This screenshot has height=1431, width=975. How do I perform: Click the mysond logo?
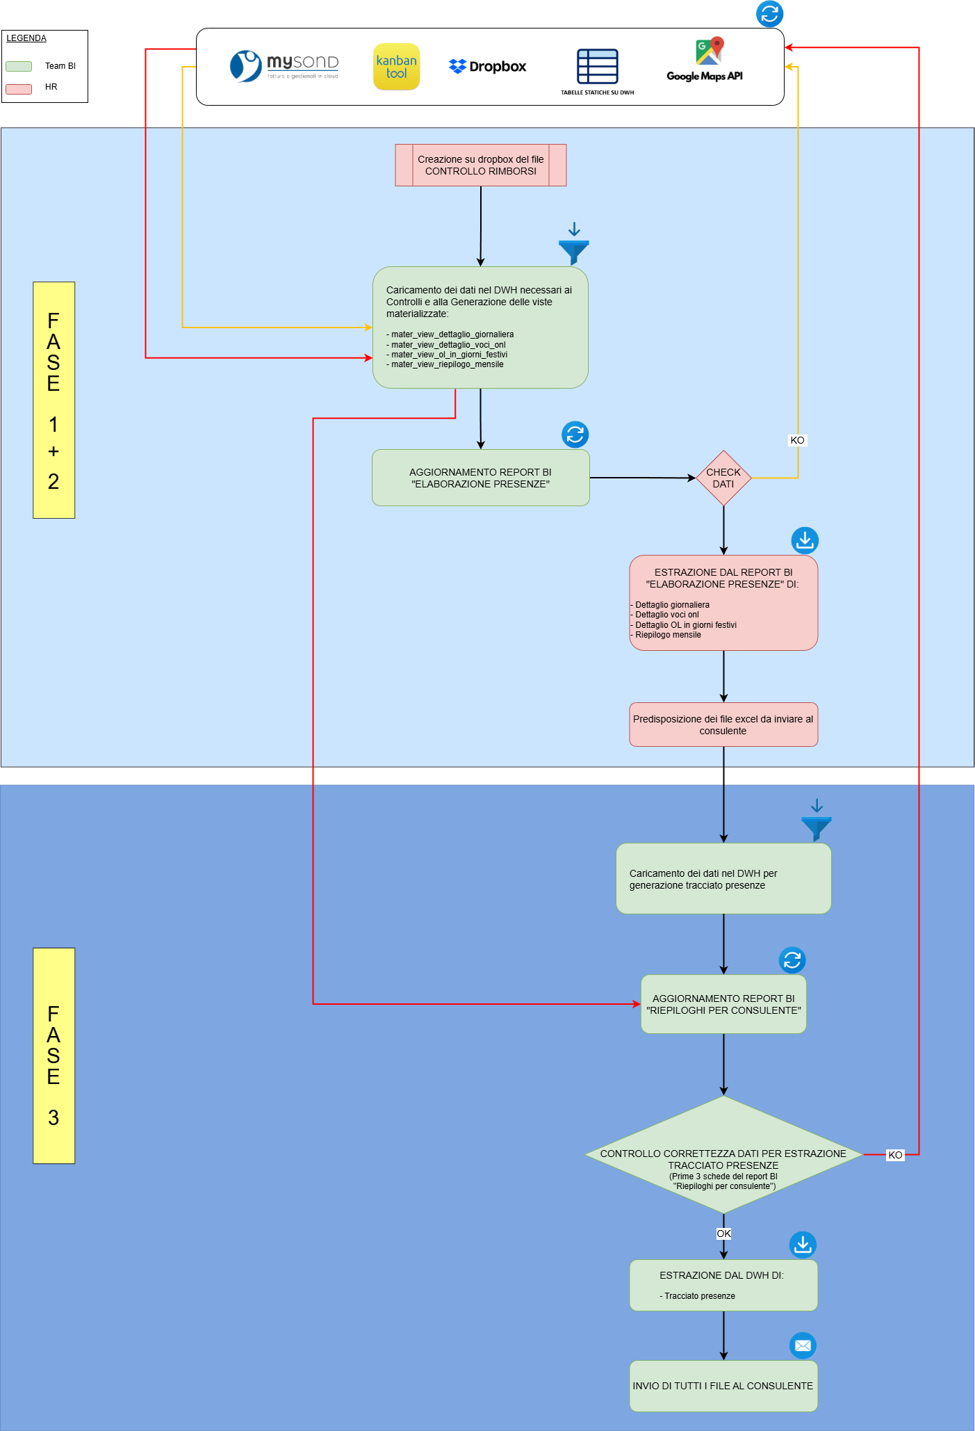pyautogui.click(x=284, y=66)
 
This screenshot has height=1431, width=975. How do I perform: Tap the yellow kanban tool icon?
pyautogui.click(x=396, y=67)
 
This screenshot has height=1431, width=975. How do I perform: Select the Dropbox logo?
pyautogui.click(x=487, y=67)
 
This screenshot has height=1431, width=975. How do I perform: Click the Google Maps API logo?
pyautogui.click(x=705, y=60)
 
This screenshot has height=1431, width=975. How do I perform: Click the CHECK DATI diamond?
pyautogui.click(x=723, y=478)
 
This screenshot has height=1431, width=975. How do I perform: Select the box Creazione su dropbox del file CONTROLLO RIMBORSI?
pyautogui.click(x=480, y=165)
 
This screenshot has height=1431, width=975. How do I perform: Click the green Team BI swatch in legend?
pyautogui.click(x=19, y=66)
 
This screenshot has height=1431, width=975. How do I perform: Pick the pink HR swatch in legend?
pyautogui.click(x=19, y=88)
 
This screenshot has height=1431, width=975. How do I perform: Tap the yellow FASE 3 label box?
pyautogui.click(x=54, y=1055)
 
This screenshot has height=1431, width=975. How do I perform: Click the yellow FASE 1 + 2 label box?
pyautogui.click(x=54, y=400)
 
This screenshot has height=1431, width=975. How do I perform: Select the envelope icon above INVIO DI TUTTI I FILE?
pyautogui.click(x=803, y=1345)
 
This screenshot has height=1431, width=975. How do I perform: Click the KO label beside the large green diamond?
pyautogui.click(x=895, y=1155)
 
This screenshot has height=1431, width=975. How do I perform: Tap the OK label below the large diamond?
pyautogui.click(x=723, y=1234)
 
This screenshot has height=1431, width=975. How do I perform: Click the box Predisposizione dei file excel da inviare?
pyautogui.click(x=723, y=725)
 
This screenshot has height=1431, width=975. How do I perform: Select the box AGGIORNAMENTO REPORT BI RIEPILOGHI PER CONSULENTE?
pyautogui.click(x=723, y=1004)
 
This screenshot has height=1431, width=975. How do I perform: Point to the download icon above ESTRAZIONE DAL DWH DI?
pyautogui.click(x=803, y=1245)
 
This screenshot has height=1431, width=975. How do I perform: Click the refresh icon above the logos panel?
pyautogui.click(x=769, y=13)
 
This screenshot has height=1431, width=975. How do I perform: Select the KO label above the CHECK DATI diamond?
pyautogui.click(x=797, y=440)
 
